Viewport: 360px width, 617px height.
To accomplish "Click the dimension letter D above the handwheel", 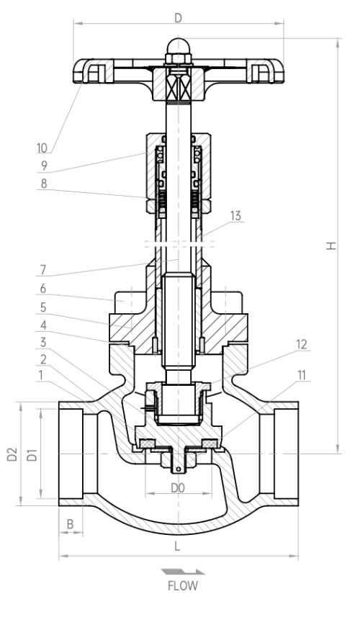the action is [x=179, y=18].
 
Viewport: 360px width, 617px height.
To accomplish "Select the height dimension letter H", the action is [x=332, y=246].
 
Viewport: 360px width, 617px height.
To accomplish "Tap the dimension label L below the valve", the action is [x=177, y=546].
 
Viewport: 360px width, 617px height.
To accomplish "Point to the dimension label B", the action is [x=70, y=524].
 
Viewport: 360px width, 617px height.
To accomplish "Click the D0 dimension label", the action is [x=177, y=488].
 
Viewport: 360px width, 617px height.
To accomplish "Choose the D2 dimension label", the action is [x=12, y=454].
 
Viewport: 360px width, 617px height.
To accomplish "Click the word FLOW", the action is [x=183, y=586].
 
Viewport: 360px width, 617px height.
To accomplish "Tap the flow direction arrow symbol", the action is [x=183, y=572].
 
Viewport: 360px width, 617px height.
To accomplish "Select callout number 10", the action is [x=42, y=148].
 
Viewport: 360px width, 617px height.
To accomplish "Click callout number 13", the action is [x=235, y=216].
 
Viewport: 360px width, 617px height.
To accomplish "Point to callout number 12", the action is [x=301, y=345].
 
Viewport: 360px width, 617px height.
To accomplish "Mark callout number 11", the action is [x=301, y=375].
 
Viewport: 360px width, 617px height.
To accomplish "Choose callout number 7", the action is [x=43, y=270].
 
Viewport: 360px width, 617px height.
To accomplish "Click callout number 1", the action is [x=40, y=375].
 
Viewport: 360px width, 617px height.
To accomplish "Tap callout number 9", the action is [x=44, y=166].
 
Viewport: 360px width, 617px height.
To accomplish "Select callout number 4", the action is [x=43, y=325].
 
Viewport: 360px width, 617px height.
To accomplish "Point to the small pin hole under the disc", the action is [x=179, y=469].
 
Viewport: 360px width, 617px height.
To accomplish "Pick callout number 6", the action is [x=43, y=289].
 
